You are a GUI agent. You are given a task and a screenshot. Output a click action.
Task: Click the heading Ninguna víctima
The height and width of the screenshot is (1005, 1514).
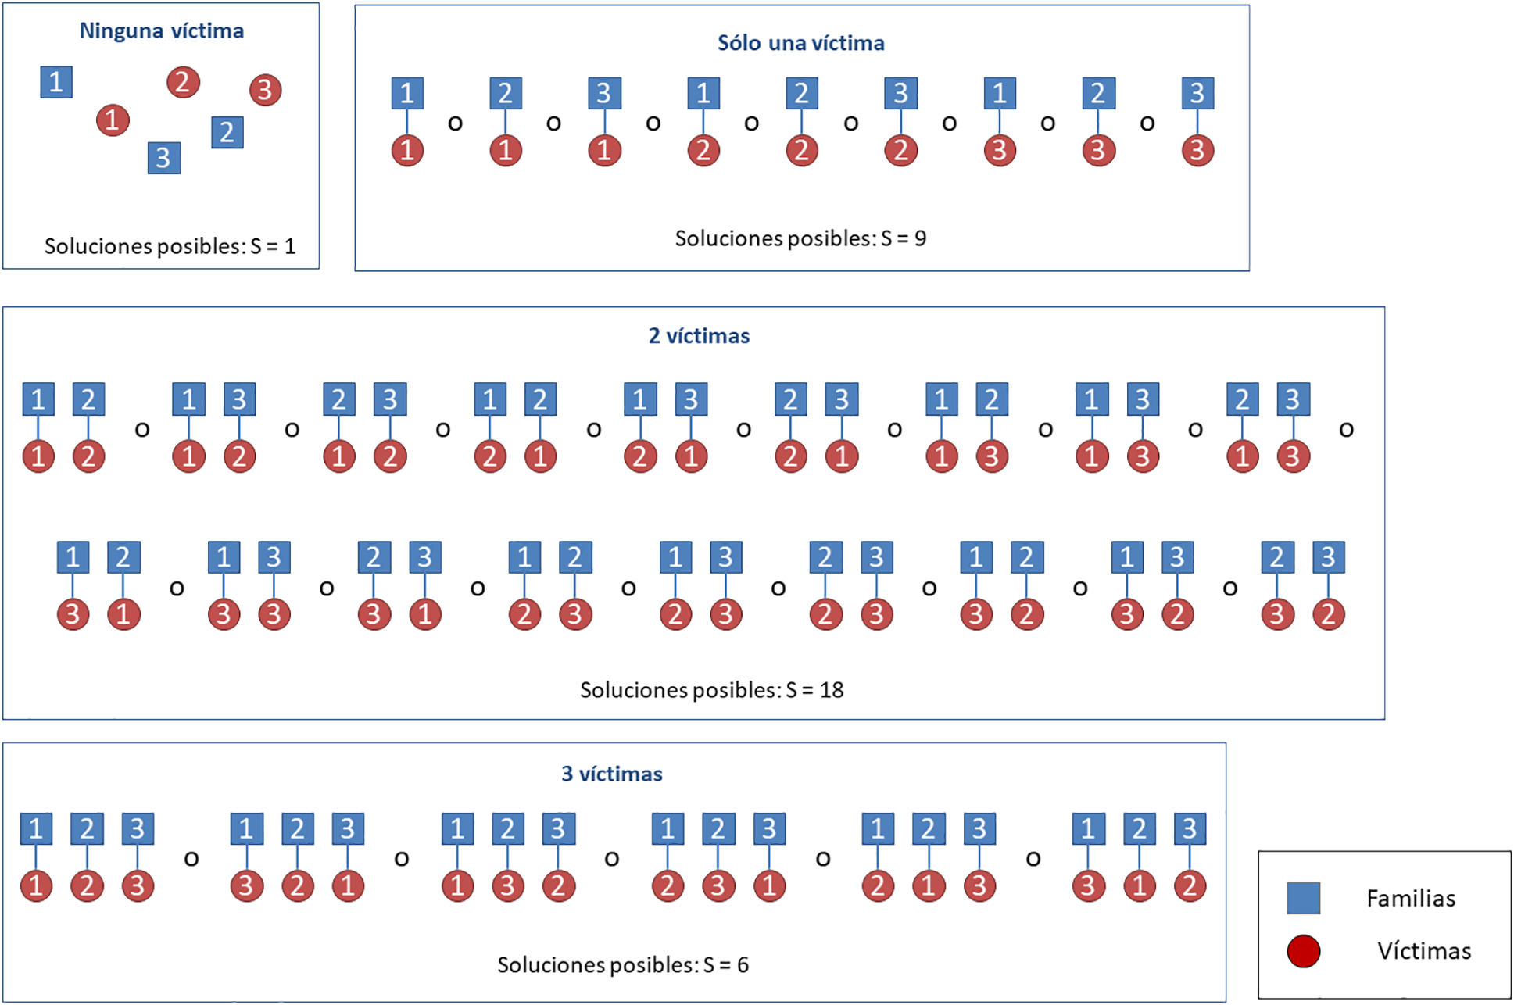click(161, 31)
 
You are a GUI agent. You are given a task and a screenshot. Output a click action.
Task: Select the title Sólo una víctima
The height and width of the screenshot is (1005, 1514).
click(800, 43)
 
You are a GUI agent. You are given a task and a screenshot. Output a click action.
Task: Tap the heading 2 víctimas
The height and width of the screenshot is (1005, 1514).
click(699, 336)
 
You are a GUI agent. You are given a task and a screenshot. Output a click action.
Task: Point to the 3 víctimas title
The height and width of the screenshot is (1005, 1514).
click(611, 774)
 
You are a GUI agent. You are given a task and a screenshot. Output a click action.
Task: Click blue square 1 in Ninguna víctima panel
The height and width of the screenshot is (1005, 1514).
click(56, 82)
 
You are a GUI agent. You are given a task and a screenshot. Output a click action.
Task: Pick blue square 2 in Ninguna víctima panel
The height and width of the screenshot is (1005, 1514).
click(227, 132)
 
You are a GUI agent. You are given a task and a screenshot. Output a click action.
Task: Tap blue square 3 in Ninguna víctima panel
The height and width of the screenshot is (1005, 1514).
click(163, 158)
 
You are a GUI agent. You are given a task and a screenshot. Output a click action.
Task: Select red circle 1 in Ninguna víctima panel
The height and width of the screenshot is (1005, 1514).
click(113, 120)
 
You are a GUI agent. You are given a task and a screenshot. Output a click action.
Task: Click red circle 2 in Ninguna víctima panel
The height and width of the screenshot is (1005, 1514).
click(183, 82)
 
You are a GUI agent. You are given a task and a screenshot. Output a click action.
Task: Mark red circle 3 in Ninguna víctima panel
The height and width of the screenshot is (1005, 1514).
click(265, 90)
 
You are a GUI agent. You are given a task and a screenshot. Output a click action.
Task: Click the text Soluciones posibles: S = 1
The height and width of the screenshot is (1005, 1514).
click(170, 247)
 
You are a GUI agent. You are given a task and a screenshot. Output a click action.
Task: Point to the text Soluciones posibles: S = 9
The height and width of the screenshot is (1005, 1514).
click(800, 238)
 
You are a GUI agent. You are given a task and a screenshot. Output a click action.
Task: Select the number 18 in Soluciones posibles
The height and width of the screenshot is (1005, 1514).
click(832, 690)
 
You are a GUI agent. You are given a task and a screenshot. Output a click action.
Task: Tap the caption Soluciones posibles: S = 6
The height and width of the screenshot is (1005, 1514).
click(622, 965)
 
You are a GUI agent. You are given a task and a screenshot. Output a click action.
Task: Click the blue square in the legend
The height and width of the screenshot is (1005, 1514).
click(1303, 898)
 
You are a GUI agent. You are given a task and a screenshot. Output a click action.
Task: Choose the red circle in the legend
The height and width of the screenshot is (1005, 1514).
click(1303, 951)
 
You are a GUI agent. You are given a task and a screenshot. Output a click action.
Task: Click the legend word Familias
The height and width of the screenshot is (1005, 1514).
click(1410, 899)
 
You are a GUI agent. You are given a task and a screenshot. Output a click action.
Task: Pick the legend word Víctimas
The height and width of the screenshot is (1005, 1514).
click(1423, 951)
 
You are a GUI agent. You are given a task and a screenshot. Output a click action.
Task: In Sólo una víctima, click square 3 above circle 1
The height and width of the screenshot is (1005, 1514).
click(604, 93)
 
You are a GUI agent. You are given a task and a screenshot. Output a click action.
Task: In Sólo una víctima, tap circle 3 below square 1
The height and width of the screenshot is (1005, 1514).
click(999, 151)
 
